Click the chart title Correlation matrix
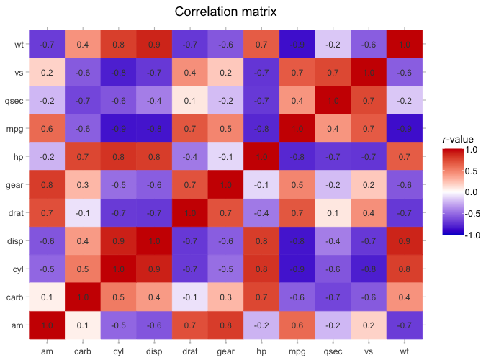pyautogui.click(x=225, y=12)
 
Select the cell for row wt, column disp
pyautogui.click(x=154, y=45)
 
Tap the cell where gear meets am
pyautogui.click(x=47, y=184)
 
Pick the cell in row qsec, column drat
pyautogui.click(x=190, y=100)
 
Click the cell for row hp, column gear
pyautogui.click(x=225, y=156)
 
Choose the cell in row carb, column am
pyautogui.click(x=47, y=297)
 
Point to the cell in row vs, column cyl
pyautogui.click(x=118, y=73)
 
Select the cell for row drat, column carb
pyautogui.click(x=83, y=212)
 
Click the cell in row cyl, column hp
pyautogui.click(x=261, y=269)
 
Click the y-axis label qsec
pyautogui.click(x=14, y=101)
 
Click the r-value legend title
pyautogui.click(x=458, y=139)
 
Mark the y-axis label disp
pyautogui.click(x=15, y=240)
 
